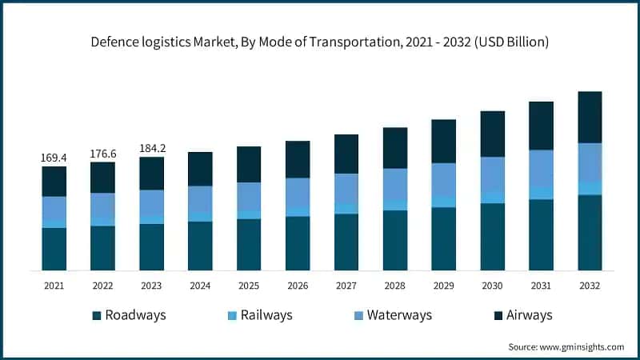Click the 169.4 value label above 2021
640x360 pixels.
point(54,158)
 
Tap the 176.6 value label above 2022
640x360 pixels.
point(102,154)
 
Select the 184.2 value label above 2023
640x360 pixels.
point(151,148)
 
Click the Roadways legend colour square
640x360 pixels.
point(98,315)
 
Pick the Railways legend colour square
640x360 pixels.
point(233,315)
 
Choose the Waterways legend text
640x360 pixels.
point(399,315)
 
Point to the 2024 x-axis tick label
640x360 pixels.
point(200,286)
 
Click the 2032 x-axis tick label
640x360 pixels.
point(590,286)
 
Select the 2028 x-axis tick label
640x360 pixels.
point(395,286)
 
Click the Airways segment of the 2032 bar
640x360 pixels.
point(590,117)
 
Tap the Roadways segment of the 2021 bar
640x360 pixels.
point(54,249)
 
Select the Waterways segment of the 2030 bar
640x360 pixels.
point(493,174)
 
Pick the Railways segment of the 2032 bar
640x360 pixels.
point(590,188)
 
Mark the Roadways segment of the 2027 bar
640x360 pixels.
point(346,242)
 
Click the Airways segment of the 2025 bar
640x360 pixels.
point(249,164)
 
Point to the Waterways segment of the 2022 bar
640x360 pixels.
point(102,204)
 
